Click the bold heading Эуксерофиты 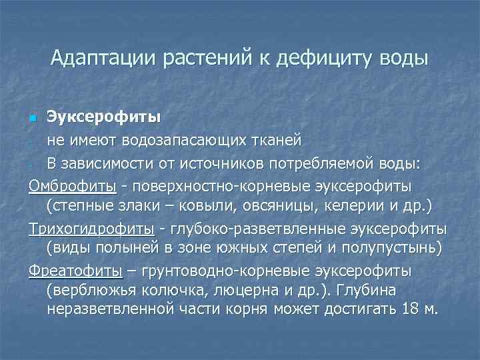[103, 119]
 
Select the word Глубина [368, 292]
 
